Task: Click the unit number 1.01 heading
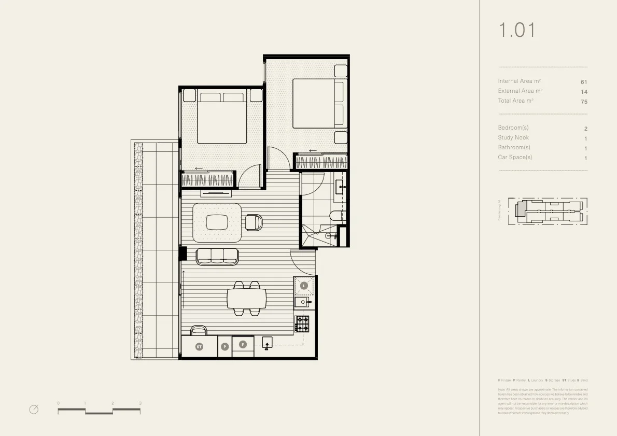click(516, 30)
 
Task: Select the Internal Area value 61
click(584, 82)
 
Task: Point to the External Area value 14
click(584, 92)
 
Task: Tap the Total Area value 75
click(584, 102)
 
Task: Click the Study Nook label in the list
click(513, 138)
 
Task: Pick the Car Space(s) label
click(515, 158)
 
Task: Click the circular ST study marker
click(199, 346)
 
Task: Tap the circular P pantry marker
click(225, 346)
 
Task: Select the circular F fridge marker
click(242, 344)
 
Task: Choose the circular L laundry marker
click(304, 286)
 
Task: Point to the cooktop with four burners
click(302, 324)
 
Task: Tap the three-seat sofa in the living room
click(217, 256)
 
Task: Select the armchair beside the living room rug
click(254, 222)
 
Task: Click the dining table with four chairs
click(246, 299)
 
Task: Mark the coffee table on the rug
click(217, 222)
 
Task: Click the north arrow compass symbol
click(34, 410)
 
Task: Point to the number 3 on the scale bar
click(140, 403)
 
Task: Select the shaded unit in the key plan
click(521, 209)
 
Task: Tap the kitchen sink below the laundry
click(302, 302)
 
